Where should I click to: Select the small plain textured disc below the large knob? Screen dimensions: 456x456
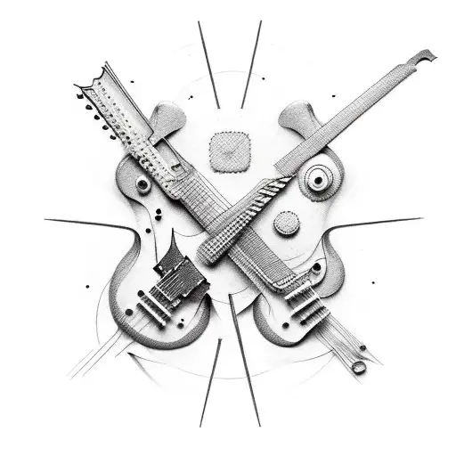coord(286,224)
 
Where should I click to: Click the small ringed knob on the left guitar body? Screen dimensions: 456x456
coord(142,184)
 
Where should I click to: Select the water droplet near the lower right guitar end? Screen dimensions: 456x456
coord(358,366)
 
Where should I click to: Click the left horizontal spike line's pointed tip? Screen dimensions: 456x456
coord(46,219)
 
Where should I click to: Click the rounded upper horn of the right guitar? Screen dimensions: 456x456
coord(294,116)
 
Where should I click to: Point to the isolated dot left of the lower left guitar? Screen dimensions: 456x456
coord(87,287)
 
